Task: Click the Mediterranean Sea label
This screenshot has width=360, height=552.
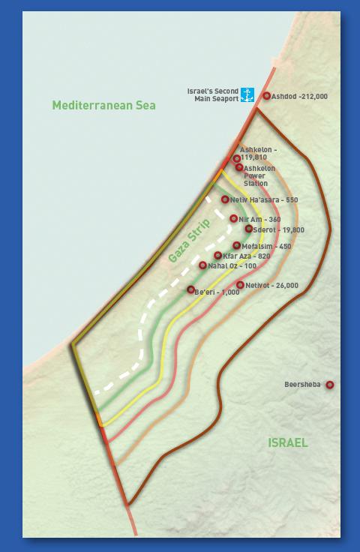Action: point(103,106)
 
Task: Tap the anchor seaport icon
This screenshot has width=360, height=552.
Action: point(247,95)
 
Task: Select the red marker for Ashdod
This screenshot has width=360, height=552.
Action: point(267,96)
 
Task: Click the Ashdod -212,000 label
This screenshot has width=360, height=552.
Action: point(299,97)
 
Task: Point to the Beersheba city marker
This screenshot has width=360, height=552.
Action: point(329,385)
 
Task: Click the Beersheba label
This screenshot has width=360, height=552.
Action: point(302,385)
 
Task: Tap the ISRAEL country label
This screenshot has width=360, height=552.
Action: point(288,442)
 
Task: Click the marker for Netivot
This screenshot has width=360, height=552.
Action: point(240,285)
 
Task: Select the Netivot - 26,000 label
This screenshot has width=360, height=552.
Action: point(271,286)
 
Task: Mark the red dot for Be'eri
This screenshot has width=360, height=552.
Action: point(191,289)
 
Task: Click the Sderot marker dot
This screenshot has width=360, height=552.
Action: point(249,229)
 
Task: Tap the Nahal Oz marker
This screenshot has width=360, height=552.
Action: point(202,265)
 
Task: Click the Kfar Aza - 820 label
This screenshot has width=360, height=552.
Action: point(247,256)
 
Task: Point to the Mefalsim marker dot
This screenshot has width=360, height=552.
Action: point(237,245)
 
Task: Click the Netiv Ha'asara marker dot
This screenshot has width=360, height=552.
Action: point(225,199)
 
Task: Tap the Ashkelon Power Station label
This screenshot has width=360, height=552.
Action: point(259,176)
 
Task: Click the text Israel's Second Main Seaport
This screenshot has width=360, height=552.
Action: point(212,95)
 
